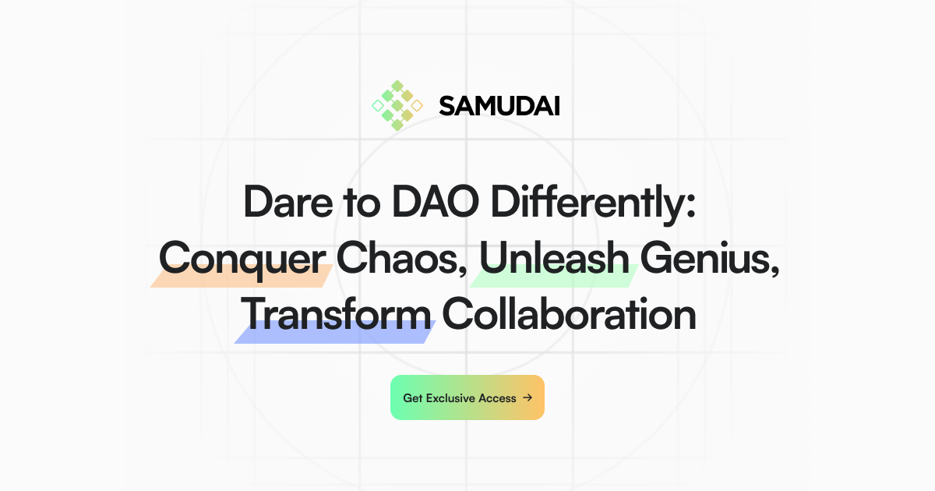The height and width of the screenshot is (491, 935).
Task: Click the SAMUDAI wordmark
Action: (499, 105)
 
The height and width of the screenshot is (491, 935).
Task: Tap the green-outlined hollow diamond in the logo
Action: (377, 105)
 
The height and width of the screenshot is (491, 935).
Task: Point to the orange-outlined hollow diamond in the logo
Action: (417, 105)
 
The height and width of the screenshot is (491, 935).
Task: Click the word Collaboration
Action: (569, 314)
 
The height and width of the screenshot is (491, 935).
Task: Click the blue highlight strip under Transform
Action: (335, 333)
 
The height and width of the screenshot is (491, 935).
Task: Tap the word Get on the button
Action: (412, 398)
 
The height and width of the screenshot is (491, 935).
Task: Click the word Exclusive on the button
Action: (450, 398)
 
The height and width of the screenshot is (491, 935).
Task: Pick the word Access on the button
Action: (497, 398)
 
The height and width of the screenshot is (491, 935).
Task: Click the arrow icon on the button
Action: (527, 397)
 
